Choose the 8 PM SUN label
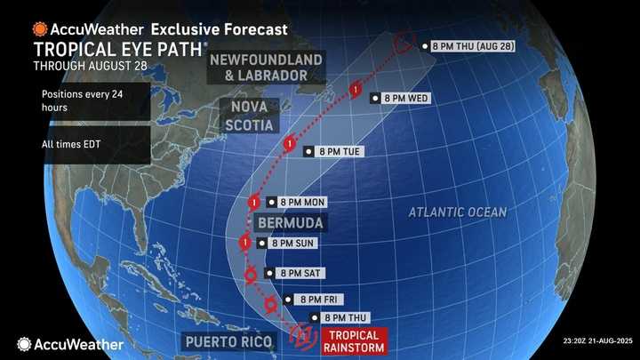point(285,242)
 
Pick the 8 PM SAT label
point(302,273)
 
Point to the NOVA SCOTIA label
point(241,116)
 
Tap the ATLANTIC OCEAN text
point(458,212)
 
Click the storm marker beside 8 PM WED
point(355,90)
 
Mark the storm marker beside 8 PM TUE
point(289,144)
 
